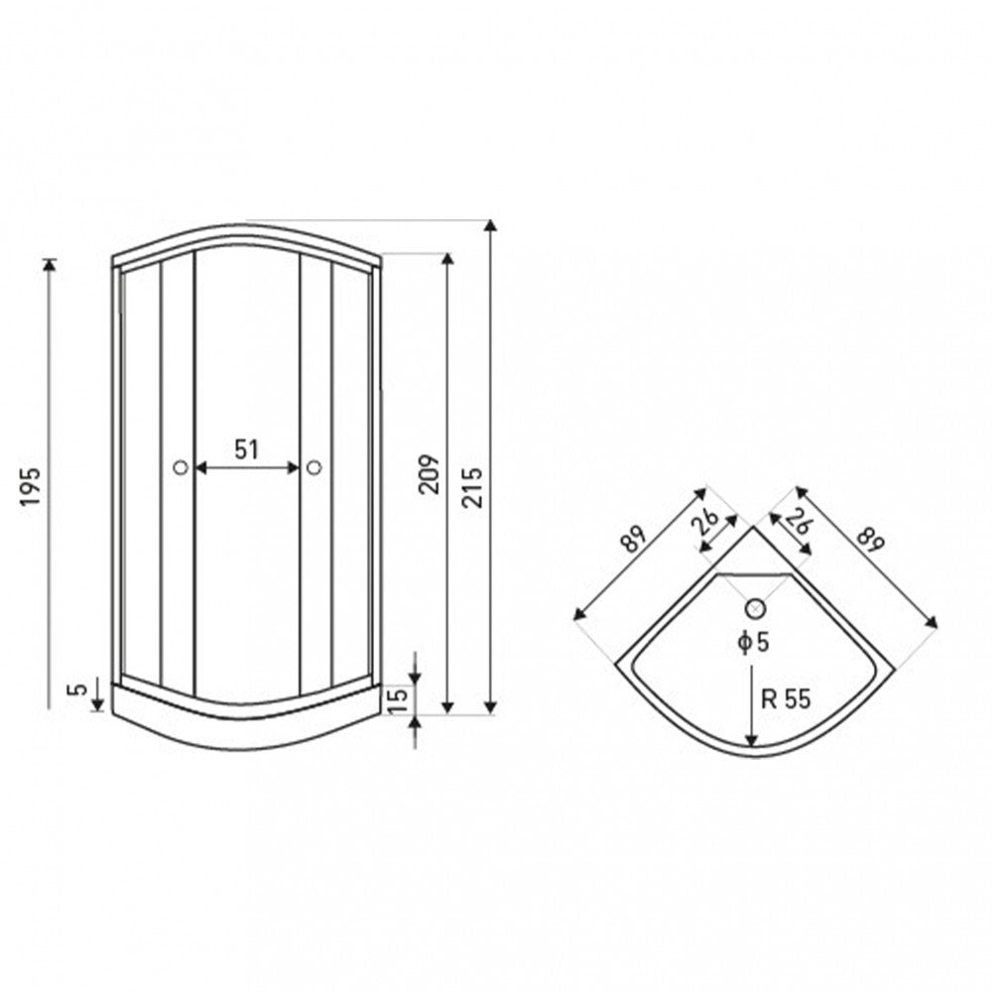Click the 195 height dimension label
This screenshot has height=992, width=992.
(x=31, y=486)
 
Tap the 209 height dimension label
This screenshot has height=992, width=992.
(x=429, y=474)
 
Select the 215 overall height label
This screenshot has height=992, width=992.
(x=472, y=487)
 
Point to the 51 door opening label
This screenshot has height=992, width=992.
(x=247, y=449)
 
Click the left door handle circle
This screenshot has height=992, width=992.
(x=181, y=467)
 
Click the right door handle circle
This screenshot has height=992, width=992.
(x=313, y=467)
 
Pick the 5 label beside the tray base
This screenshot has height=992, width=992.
(x=78, y=689)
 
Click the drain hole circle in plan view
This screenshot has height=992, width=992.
(x=755, y=609)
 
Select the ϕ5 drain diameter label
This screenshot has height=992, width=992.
(x=754, y=642)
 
